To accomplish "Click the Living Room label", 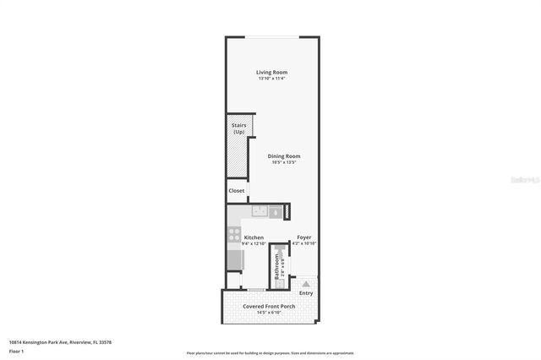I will (x=271, y=73).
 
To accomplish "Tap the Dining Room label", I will (x=284, y=155).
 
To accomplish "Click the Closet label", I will (x=237, y=191).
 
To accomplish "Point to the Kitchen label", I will (x=254, y=238).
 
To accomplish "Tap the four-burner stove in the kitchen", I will (x=234, y=234).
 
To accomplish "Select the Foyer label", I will (x=304, y=238).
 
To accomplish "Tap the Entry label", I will (x=305, y=293).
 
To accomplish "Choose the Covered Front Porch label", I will (x=270, y=307).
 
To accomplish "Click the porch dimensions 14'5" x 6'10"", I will (x=270, y=313).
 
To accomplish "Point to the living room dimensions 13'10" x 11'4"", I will (x=271, y=79).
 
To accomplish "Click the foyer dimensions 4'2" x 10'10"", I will (x=304, y=244).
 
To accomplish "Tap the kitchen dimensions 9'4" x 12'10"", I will (x=254, y=244).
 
